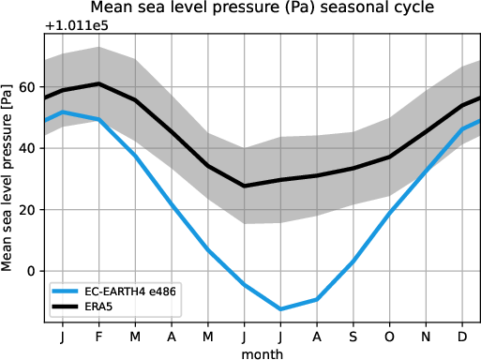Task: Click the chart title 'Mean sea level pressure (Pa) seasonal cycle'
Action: pyautogui.click(x=262, y=8)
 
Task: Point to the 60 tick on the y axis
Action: pyautogui.click(x=27, y=87)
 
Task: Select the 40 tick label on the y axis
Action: pyautogui.click(x=27, y=148)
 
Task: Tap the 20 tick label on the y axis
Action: pyautogui.click(x=27, y=210)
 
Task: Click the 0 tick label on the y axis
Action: pyautogui.click(x=31, y=271)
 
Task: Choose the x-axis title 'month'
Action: pyautogui.click(x=262, y=352)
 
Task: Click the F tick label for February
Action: pyautogui.click(x=98, y=335)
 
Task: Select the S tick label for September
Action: pyautogui.click(x=353, y=335)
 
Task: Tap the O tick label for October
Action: pyautogui.click(x=390, y=335)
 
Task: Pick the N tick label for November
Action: pyautogui.click(x=427, y=335)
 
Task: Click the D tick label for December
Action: pyautogui.click(x=463, y=335)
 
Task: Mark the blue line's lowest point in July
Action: pyautogui.click(x=280, y=308)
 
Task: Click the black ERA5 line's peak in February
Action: pyautogui.click(x=98, y=83)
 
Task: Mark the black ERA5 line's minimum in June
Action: pyautogui.click(x=245, y=186)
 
